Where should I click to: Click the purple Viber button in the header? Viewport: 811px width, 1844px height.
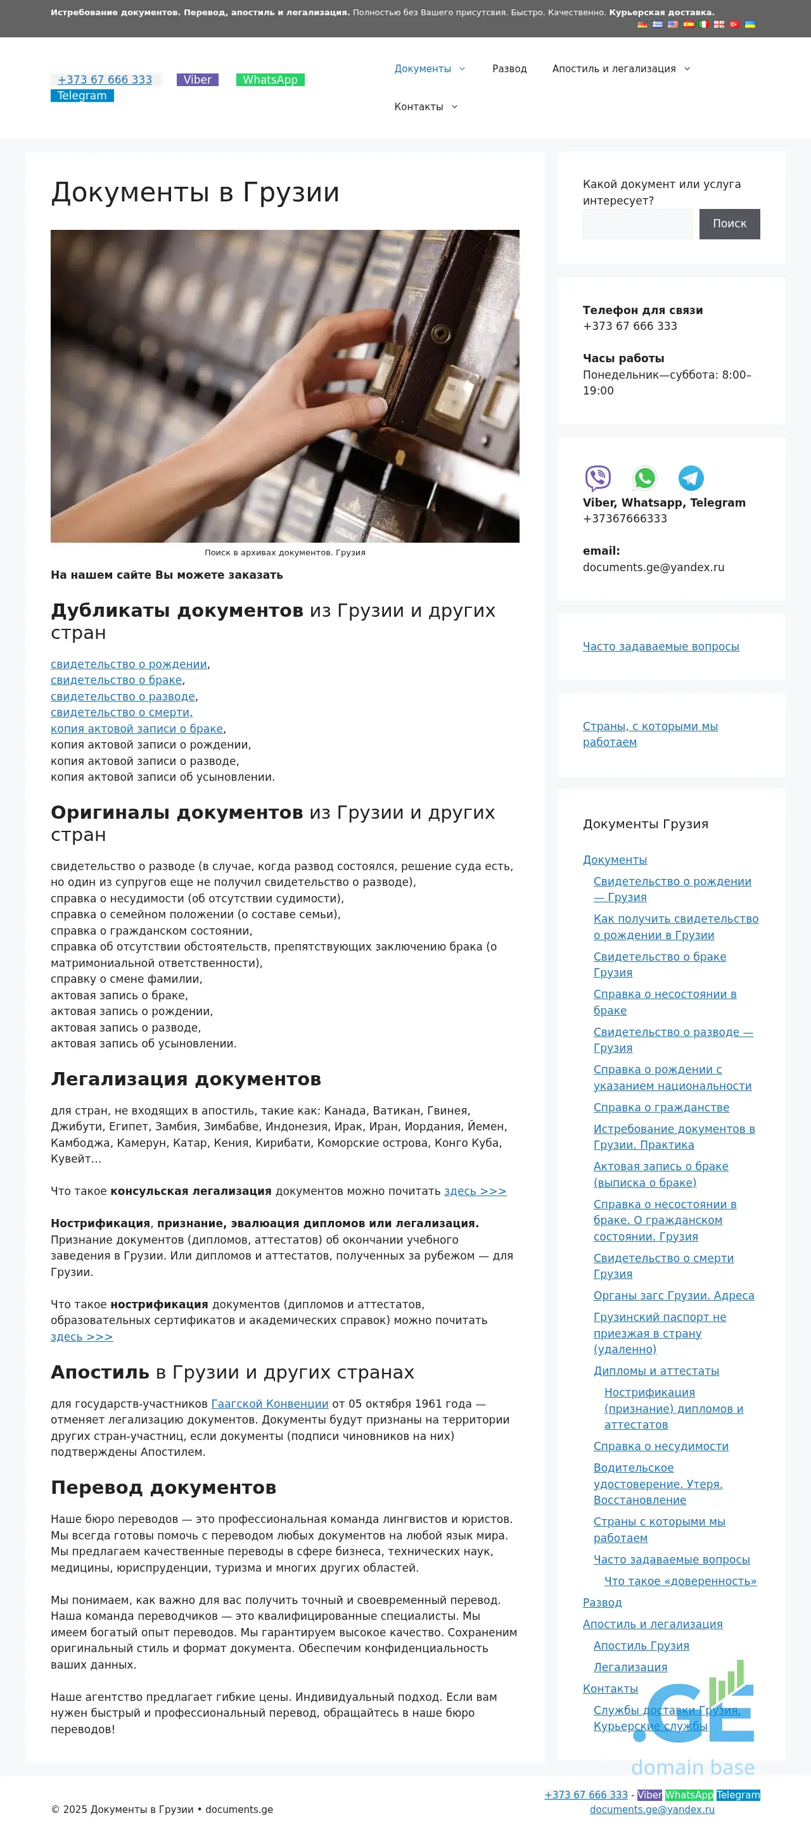(x=197, y=79)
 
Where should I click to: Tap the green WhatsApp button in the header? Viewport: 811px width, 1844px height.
(x=270, y=79)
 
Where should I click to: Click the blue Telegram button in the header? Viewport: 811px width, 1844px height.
(x=82, y=96)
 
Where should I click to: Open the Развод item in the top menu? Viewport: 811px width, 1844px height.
(x=509, y=69)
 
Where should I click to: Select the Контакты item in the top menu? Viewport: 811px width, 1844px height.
(x=418, y=106)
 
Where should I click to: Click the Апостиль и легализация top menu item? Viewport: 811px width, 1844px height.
(x=614, y=69)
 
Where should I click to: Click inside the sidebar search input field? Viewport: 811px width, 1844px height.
(x=637, y=224)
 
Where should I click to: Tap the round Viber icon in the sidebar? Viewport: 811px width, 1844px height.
(x=597, y=477)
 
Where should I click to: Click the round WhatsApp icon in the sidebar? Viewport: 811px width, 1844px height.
(x=645, y=477)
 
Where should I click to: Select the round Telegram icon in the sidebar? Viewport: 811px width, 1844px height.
(x=691, y=477)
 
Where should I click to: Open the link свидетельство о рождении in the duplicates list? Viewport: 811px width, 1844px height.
(x=129, y=664)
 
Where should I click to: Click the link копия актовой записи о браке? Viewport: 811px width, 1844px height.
(x=137, y=729)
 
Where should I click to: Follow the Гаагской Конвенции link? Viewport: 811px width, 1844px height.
(x=269, y=1404)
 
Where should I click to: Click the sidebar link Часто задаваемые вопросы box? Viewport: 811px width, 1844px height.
(x=661, y=647)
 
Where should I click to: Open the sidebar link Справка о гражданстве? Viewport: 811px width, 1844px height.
(x=661, y=1108)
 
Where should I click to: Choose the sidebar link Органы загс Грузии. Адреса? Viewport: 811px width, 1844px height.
(x=674, y=1296)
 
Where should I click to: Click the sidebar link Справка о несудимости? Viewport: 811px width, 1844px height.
(x=661, y=1446)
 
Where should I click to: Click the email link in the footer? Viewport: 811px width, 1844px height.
(x=652, y=1810)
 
